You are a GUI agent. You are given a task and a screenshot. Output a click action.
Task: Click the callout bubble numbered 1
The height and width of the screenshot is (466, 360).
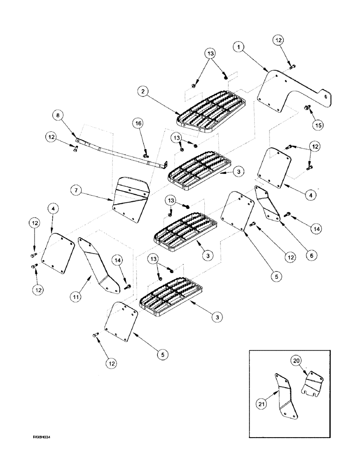[x=238, y=47]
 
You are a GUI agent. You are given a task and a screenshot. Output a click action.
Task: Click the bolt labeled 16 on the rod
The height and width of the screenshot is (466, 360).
[x=145, y=152]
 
